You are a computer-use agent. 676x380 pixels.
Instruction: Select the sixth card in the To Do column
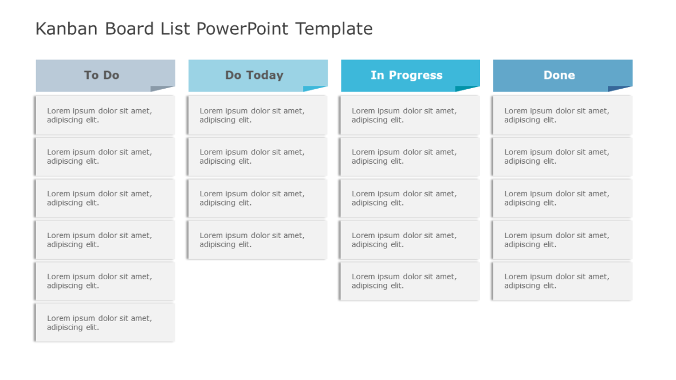(x=105, y=323)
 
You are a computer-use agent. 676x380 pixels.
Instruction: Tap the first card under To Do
(x=105, y=115)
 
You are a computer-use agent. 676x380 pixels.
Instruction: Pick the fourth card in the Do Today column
(x=257, y=240)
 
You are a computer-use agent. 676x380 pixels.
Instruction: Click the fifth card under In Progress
(x=410, y=281)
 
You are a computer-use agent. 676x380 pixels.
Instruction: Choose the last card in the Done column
(x=562, y=281)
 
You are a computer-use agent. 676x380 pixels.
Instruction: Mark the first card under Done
(x=562, y=115)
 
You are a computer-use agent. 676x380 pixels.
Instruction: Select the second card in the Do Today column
(x=257, y=156)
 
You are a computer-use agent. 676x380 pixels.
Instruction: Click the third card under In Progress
(x=410, y=198)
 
